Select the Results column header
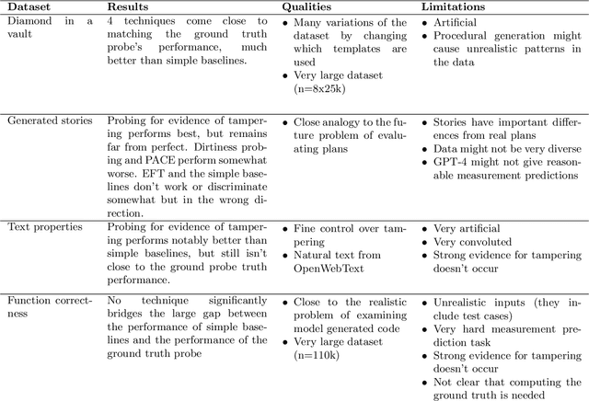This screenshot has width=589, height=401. click(x=132, y=6)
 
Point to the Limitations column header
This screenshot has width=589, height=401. click(x=454, y=6)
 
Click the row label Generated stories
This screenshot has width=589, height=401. click(x=49, y=120)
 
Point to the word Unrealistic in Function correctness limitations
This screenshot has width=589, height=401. click(x=463, y=300)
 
